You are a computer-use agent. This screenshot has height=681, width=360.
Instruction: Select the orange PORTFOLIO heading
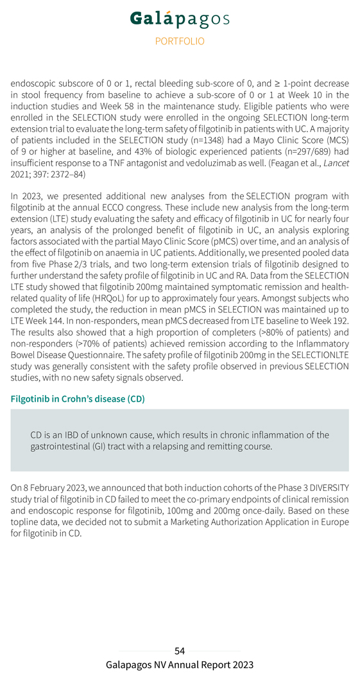click(180, 41)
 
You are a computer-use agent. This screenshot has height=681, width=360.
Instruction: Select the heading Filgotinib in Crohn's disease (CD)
click(78, 399)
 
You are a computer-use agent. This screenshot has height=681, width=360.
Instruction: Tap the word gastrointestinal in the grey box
click(64, 445)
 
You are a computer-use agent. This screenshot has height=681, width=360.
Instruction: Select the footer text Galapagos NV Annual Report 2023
click(180, 666)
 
